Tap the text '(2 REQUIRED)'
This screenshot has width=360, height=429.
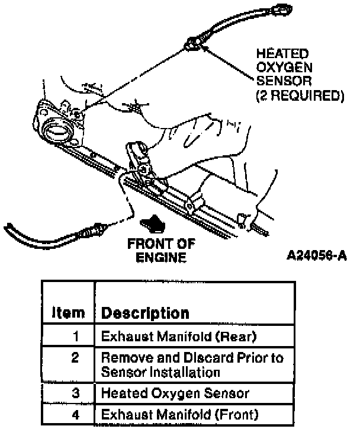(299, 94)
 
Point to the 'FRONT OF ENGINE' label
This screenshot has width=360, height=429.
(161, 250)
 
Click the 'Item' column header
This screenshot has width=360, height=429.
(67, 313)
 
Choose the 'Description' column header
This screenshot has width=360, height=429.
(146, 313)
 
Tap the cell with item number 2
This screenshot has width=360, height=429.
(76, 358)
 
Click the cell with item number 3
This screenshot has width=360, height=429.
(76, 393)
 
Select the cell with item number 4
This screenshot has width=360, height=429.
(76, 414)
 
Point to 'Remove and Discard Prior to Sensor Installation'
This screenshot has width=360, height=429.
(192, 365)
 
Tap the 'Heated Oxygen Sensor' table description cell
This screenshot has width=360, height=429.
(175, 393)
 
